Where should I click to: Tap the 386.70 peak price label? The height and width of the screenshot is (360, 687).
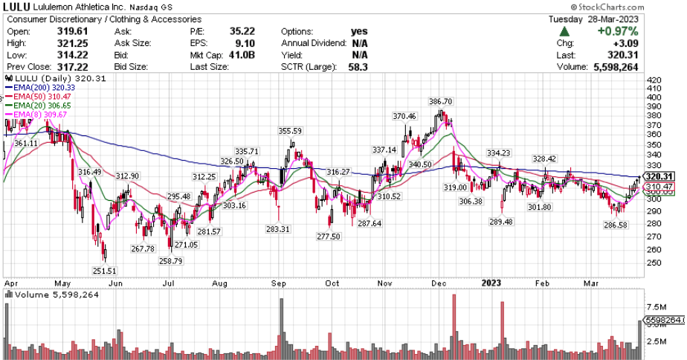pos(442,101)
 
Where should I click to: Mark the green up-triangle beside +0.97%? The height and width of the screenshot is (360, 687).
pos(566,31)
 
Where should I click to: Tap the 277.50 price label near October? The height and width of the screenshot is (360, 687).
pos(327,237)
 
